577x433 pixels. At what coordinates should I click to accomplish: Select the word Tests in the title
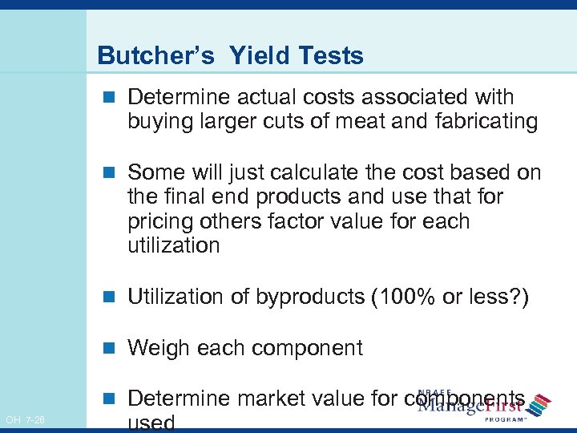coord(329,55)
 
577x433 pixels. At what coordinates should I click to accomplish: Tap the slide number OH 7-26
coord(25,419)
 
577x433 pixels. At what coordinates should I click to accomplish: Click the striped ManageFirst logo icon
coord(542,403)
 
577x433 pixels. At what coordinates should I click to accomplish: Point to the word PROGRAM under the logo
coord(505,419)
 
